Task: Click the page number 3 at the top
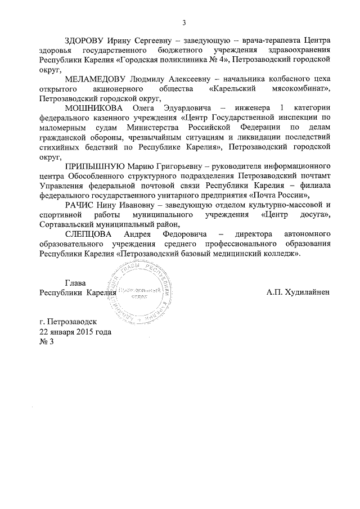[x=183, y=22]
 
